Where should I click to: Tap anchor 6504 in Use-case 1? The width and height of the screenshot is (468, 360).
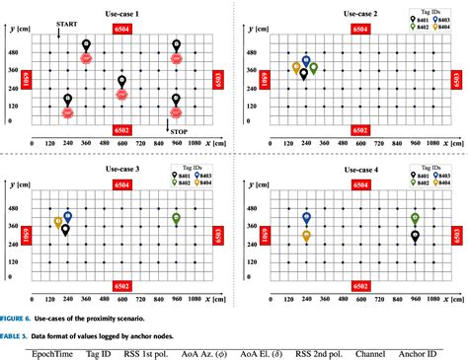click(121, 30)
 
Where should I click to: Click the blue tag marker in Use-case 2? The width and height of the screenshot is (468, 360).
click(306, 61)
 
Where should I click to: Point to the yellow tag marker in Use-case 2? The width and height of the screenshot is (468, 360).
click(296, 68)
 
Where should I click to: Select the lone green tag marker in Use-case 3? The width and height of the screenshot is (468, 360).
click(176, 219)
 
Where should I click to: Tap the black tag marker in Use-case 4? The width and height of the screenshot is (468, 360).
click(416, 236)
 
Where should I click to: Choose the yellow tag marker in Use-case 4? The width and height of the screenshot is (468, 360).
click(307, 236)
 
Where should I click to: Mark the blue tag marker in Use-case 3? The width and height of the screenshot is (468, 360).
click(68, 216)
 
